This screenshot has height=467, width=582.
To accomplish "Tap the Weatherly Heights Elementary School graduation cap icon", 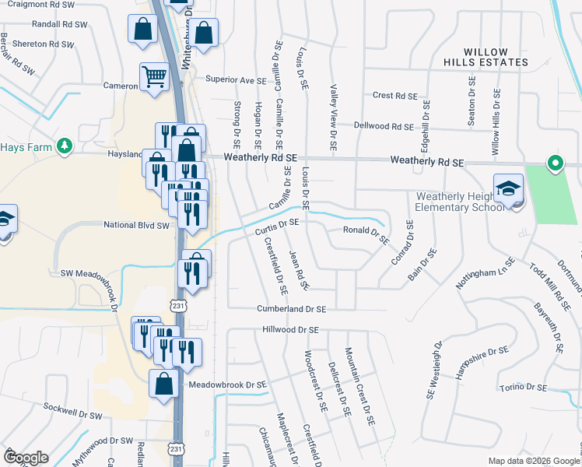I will click(x=508, y=189).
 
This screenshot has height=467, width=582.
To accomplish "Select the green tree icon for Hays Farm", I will click(x=64, y=146).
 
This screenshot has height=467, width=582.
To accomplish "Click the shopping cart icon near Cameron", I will click(x=155, y=77).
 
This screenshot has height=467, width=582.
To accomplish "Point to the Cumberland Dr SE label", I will click(x=291, y=309).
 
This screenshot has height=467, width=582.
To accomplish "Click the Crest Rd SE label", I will click(x=395, y=96).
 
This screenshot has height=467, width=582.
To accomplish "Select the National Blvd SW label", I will click(x=136, y=225).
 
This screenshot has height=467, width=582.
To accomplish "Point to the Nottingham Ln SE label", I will click(x=485, y=274).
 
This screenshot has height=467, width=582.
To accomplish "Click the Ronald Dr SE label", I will click(x=366, y=232).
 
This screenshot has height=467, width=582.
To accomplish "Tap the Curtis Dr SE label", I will click(x=277, y=225).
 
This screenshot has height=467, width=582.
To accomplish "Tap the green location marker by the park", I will click(x=555, y=163).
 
